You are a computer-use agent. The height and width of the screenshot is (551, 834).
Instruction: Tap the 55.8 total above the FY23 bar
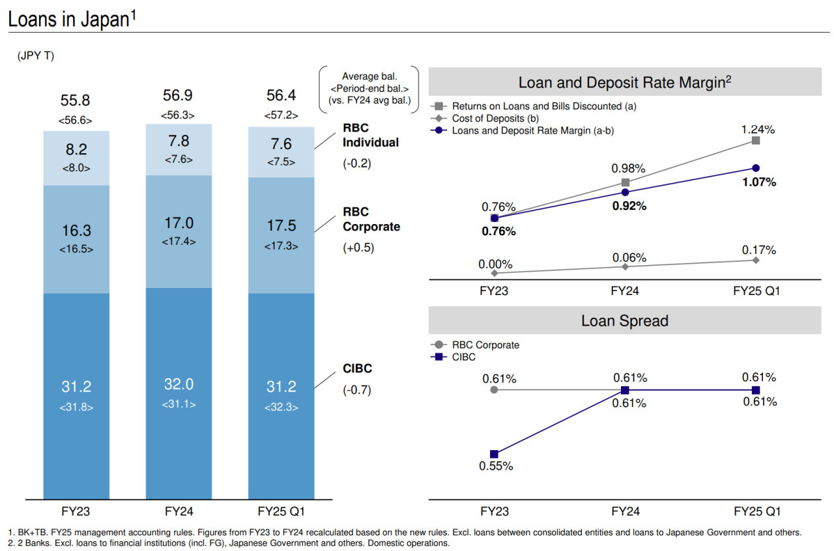pyautogui.click(x=76, y=100)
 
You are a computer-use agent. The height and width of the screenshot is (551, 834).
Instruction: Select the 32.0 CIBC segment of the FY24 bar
pyautogui.click(x=179, y=384)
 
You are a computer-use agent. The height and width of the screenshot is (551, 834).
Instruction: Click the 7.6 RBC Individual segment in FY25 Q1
pyautogui.click(x=281, y=145)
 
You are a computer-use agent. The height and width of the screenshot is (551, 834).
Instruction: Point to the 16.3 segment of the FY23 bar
pyautogui.click(x=76, y=231)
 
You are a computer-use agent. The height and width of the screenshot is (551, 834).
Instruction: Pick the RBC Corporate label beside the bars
pyautogui.click(x=371, y=219)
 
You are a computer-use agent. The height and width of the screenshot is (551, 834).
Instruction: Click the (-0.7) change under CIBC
pyautogui.click(x=356, y=391)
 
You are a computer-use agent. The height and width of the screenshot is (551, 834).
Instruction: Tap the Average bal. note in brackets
pyautogui.click(x=369, y=89)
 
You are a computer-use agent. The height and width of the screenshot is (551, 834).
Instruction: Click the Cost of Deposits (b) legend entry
pyautogui.click(x=496, y=118)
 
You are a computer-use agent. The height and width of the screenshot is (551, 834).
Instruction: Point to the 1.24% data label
pyautogui.click(x=758, y=130)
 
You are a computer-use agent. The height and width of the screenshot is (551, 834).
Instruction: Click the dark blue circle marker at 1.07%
pyautogui.click(x=756, y=168)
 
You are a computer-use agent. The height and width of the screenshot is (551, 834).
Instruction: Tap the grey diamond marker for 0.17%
pyautogui.click(x=756, y=260)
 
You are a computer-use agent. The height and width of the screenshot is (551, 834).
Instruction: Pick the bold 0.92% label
pyautogui.click(x=629, y=206)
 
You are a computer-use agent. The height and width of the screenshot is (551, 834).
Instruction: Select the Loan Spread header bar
pyautogui.click(x=624, y=320)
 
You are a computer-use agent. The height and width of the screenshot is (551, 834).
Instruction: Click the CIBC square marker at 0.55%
pyautogui.click(x=494, y=454)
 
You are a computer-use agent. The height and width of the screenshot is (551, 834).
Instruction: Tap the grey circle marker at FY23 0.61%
pyautogui.click(x=494, y=389)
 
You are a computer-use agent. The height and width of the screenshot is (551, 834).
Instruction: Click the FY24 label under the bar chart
pyautogui.click(x=179, y=511)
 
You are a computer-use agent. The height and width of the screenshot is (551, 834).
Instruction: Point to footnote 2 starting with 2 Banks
pyautogui.click(x=228, y=543)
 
